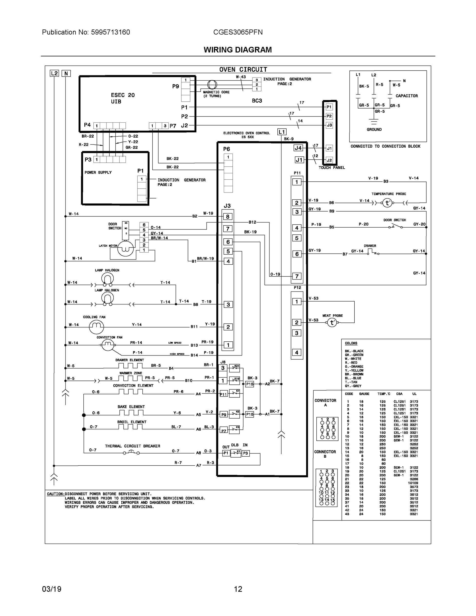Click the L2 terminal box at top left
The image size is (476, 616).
(x=54, y=73)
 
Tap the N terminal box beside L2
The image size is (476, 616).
(x=66, y=74)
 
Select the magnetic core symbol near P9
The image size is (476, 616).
(x=212, y=85)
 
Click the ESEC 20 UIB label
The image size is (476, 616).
(x=123, y=98)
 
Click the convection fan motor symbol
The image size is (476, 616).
(x=108, y=345)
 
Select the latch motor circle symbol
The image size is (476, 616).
(x=125, y=249)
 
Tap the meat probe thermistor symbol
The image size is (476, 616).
(x=332, y=322)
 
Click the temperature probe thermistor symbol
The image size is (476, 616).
(x=387, y=203)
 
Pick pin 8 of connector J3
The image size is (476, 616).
(x=228, y=217)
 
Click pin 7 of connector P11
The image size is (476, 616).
(x=297, y=276)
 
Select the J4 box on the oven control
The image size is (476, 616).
(x=298, y=148)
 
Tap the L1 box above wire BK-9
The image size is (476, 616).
(x=282, y=132)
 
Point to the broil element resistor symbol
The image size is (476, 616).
(x=130, y=427)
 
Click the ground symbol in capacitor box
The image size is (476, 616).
(x=374, y=122)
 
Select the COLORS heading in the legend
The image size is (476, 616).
(x=351, y=343)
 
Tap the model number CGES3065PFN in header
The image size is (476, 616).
(x=238, y=32)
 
